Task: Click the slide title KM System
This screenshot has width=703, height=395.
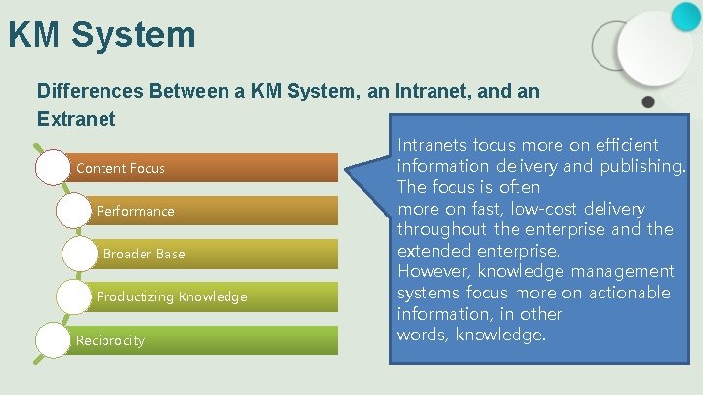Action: point(102,35)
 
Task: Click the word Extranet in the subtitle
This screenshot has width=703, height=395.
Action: point(76,119)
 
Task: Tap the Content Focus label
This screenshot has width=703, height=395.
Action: point(120,168)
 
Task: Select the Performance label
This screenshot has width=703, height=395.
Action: point(135,211)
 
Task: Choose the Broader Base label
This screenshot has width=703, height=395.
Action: point(144,254)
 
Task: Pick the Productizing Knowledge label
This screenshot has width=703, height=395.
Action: point(172,296)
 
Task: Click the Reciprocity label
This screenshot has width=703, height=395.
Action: point(109,340)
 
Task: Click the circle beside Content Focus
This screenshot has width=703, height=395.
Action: point(54,168)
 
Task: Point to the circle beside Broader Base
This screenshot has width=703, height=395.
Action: point(81,254)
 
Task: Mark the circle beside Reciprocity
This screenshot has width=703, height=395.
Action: point(54,340)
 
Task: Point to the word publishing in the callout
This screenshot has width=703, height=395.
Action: point(638,166)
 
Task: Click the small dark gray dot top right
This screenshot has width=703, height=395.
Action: point(648,101)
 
